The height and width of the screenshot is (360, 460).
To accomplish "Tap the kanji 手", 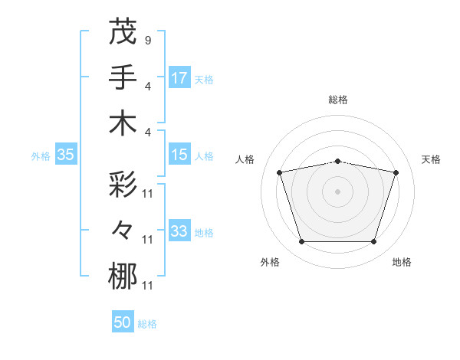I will tap(123, 77).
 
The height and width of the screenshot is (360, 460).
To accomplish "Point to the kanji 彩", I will tap(123, 184).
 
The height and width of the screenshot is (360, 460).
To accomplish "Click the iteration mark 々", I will tap(123, 230).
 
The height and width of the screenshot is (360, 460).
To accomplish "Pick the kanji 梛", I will tap(123, 277).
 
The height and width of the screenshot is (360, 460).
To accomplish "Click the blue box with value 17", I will tap(179, 77).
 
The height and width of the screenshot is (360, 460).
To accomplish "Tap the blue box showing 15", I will tap(179, 155).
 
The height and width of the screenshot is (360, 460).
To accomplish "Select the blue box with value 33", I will tap(179, 231).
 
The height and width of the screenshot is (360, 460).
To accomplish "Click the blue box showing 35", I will tap(65, 155).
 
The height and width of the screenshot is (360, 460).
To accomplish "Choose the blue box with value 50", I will tap(123, 322).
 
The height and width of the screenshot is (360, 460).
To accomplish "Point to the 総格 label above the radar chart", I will tap(338, 100).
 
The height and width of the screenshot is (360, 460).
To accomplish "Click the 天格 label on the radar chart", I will tap(432, 159).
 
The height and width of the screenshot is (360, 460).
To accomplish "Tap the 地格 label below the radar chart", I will tap(402, 262).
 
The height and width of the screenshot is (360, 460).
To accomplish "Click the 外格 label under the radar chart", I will tap(270, 262).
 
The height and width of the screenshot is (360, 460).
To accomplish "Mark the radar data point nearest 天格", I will tap(396, 172).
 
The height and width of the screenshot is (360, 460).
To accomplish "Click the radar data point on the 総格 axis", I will tap(338, 161).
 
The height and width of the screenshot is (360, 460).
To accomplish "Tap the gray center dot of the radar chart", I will tap(338, 191).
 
